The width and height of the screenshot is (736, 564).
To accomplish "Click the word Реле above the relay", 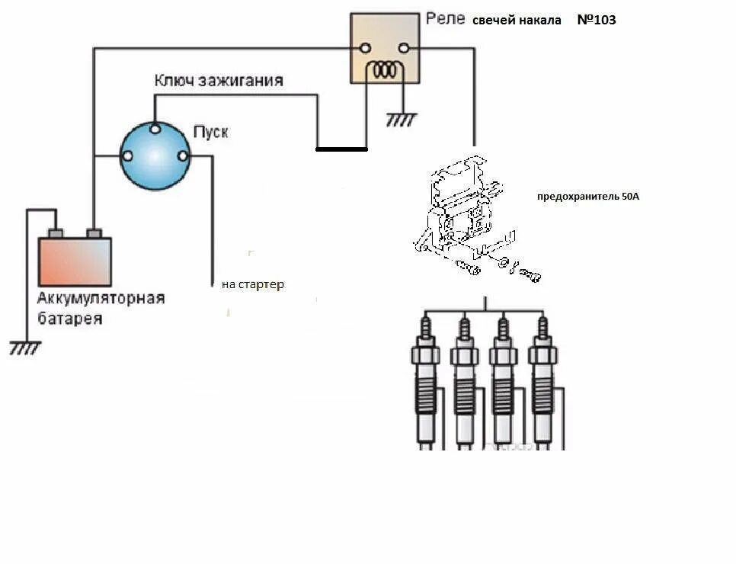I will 445,18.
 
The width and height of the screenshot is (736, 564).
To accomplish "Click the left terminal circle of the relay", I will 365,49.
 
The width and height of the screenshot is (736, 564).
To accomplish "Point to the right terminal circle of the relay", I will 404,49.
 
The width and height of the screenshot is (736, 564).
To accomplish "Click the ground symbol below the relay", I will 402,120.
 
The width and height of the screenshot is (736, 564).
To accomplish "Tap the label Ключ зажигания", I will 219,80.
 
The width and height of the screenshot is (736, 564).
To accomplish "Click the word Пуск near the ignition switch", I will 210,133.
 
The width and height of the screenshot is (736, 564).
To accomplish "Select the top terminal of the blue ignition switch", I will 155,129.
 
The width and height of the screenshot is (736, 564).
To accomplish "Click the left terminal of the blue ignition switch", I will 127,156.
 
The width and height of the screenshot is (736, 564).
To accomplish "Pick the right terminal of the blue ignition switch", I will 183,156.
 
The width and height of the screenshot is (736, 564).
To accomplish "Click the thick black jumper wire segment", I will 341,149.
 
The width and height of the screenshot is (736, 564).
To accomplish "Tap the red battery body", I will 75,261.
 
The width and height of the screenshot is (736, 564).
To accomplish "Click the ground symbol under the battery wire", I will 24,348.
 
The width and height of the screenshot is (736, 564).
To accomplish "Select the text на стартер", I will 253,285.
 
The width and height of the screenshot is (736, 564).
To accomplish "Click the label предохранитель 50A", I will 588,196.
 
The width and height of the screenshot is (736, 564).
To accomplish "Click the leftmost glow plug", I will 424,381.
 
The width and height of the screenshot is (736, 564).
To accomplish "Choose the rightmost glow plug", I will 542,381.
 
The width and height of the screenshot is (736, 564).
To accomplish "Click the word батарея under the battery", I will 70,319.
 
